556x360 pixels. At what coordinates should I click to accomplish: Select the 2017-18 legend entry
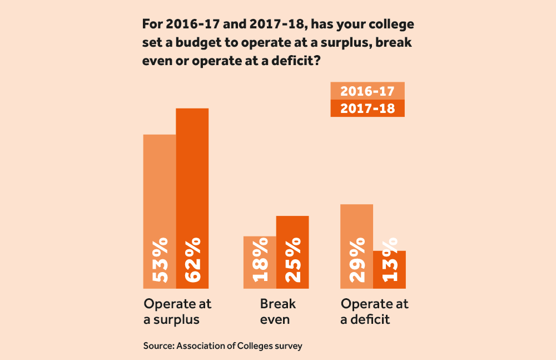[x=367, y=109]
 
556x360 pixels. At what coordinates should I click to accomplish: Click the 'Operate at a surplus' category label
[x=177, y=312]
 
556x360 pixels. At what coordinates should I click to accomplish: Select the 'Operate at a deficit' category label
[x=374, y=312]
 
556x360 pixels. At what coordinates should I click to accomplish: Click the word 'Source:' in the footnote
[x=158, y=346]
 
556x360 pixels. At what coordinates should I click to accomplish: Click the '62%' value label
[x=192, y=260]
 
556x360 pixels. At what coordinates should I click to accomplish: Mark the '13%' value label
[x=389, y=260]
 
